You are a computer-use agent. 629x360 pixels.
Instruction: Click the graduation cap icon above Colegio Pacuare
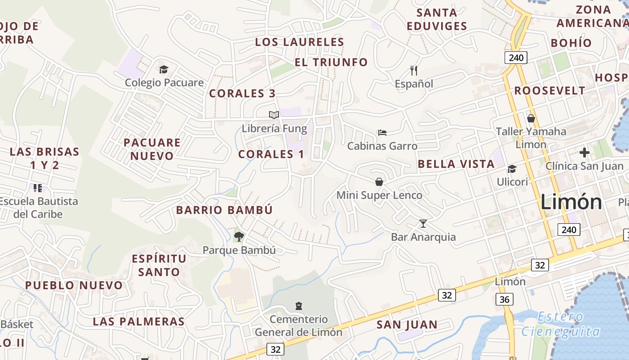164,69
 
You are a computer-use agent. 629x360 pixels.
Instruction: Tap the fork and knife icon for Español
414,70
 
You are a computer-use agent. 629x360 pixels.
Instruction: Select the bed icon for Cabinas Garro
382,132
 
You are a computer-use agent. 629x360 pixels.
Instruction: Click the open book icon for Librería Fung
274,115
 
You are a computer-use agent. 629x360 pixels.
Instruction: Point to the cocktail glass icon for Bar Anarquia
423,223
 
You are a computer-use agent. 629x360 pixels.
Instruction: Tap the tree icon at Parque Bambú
239,236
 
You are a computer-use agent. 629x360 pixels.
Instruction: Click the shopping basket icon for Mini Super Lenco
379,181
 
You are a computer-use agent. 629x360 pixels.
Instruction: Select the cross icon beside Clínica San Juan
584,153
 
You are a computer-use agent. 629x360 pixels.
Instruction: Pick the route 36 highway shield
505,299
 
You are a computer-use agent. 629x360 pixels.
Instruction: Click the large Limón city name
571,202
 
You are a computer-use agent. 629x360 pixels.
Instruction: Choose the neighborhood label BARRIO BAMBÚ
224,210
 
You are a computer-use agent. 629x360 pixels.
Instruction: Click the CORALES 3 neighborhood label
242,94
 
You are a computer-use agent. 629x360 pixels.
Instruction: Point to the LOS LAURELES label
299,42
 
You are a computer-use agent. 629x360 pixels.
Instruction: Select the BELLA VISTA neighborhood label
456,164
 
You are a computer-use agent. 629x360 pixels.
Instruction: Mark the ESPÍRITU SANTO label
159,265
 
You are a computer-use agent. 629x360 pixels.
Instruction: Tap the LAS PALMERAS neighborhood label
138,322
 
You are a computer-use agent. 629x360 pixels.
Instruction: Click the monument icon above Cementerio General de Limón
298,306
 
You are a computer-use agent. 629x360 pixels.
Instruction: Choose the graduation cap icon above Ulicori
512,169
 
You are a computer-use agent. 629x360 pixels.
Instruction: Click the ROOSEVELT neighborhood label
549,91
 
